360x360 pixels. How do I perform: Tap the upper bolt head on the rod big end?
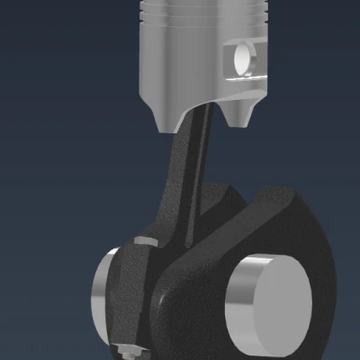pyautogui.click(x=143, y=241)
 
